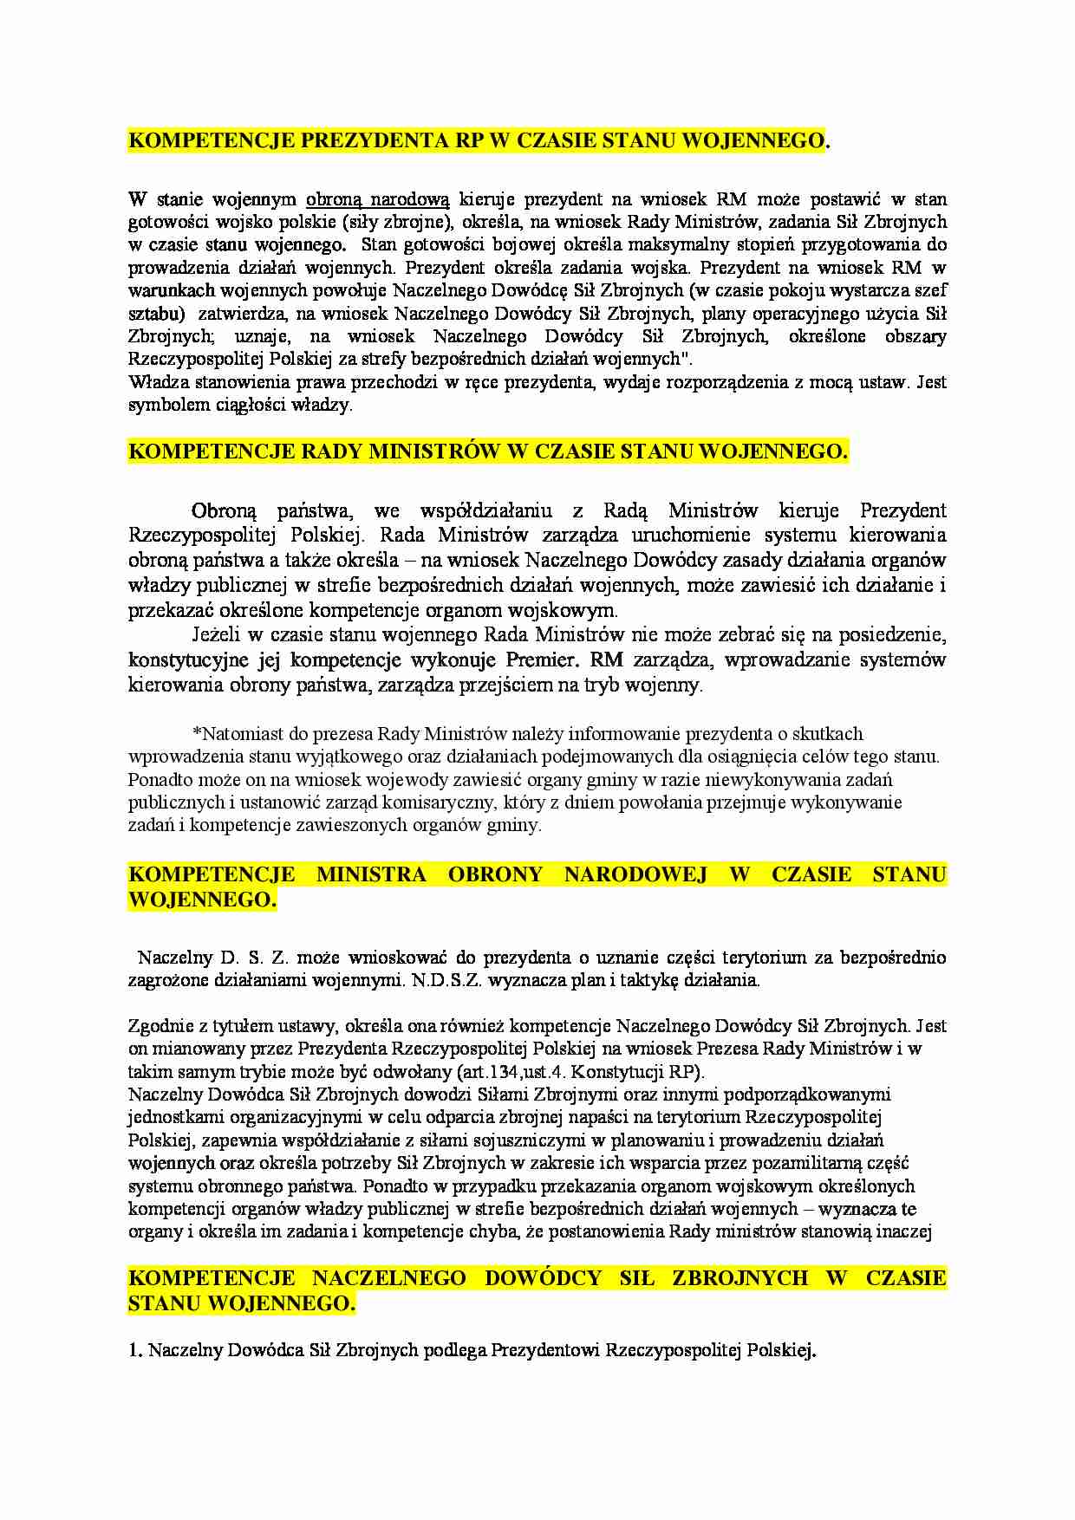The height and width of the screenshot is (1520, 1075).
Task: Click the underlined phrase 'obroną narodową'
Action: click(378, 199)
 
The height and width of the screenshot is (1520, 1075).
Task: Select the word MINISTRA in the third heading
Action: click(371, 874)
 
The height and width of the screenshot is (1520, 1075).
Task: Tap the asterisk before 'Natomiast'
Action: click(196, 735)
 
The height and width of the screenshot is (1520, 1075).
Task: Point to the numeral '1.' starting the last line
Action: click(135, 1350)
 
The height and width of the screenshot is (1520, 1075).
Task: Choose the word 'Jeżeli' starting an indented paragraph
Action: click(216, 635)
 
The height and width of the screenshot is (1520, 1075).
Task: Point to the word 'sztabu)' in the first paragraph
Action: click(157, 314)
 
